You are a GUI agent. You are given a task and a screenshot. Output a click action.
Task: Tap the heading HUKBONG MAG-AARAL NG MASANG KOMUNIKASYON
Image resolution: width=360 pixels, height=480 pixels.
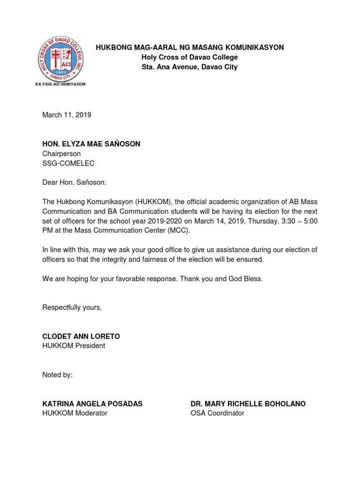coord(190,47)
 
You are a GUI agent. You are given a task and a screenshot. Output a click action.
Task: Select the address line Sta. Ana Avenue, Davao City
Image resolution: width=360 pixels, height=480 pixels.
coord(190,67)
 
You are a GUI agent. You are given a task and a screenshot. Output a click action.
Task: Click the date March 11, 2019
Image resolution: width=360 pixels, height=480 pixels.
coord(67,115)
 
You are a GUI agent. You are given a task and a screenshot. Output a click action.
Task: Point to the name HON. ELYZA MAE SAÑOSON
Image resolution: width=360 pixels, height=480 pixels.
coord(91,144)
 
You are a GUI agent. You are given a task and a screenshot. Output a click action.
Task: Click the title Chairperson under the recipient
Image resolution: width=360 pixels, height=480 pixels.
coord(61,154)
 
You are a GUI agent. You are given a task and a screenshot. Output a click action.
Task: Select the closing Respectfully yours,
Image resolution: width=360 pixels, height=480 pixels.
coord(72,307)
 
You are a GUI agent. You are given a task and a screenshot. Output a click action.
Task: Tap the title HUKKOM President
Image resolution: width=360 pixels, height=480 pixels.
coord(74,346)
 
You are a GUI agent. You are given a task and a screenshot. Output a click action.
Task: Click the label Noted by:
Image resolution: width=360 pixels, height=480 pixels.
coord(57,375)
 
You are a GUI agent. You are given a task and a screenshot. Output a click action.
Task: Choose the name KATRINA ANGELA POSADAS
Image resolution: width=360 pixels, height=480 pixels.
coord(92,404)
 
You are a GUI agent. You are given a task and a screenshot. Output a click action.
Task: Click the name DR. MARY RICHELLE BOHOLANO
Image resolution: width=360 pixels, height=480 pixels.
coord(248,404)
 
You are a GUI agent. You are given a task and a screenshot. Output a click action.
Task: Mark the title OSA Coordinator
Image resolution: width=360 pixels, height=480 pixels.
coord(217,413)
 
